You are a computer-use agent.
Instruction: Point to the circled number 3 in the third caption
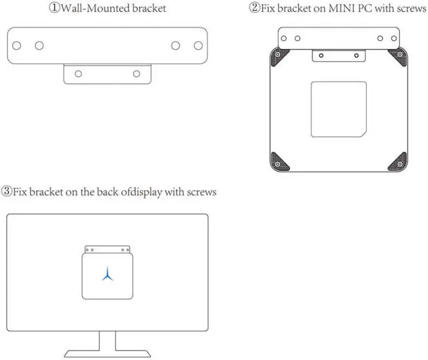[6, 192]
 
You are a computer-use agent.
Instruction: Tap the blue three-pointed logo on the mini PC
[108, 274]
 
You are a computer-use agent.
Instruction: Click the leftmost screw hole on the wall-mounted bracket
[17, 45]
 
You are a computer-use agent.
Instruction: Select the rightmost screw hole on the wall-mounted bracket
[198, 45]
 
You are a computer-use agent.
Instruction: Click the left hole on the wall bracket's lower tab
[78, 74]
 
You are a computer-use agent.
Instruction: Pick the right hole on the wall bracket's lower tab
[137, 74]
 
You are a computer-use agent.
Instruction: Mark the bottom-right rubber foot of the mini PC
[398, 161]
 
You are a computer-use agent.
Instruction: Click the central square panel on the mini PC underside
[338, 109]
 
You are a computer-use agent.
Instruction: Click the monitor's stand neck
[107, 340]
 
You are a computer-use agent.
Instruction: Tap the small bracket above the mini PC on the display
[108, 249]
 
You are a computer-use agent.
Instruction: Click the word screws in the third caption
[202, 192]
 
